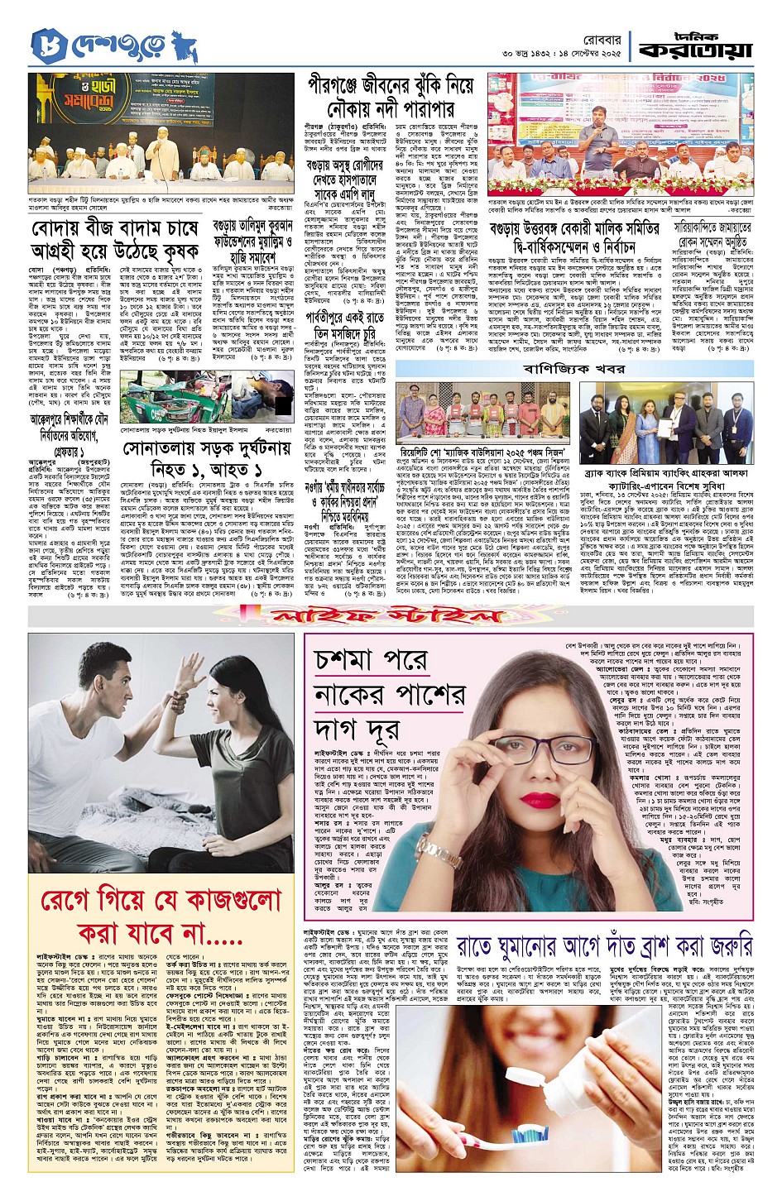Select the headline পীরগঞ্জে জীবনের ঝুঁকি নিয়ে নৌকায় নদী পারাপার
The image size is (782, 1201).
pos(391,97)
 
